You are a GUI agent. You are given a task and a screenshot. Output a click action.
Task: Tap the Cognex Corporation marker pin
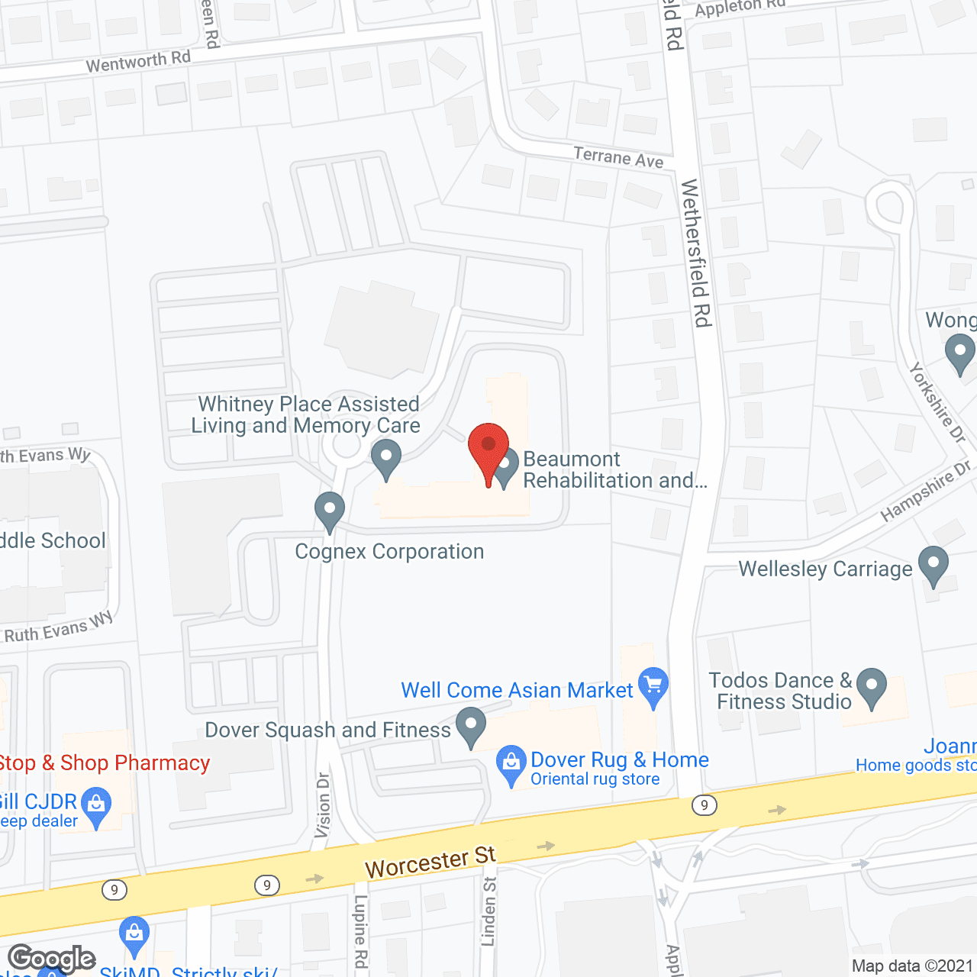tap(330, 510)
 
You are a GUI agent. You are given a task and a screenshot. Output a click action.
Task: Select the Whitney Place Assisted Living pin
tap(386, 458)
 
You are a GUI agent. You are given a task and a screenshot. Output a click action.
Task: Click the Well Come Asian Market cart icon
tap(653, 685)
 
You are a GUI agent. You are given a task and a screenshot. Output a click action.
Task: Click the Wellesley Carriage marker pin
tap(933, 565)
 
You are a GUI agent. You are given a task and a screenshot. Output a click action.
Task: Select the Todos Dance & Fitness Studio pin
tap(871, 686)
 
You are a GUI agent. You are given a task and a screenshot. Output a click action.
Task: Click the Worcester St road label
tap(430, 862)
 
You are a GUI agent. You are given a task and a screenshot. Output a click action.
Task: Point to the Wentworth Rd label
tap(138, 61)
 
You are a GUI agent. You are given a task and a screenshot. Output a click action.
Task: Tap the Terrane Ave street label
tap(618, 157)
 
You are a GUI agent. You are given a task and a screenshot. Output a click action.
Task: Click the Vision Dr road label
tap(323, 805)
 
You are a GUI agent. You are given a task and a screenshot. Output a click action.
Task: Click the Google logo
tap(52, 959)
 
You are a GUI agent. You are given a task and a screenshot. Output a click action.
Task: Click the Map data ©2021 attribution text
tap(912, 966)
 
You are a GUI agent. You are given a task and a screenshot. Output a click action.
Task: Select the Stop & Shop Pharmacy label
tap(104, 763)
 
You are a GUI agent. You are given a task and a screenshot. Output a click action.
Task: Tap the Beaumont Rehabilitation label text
tap(614, 469)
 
